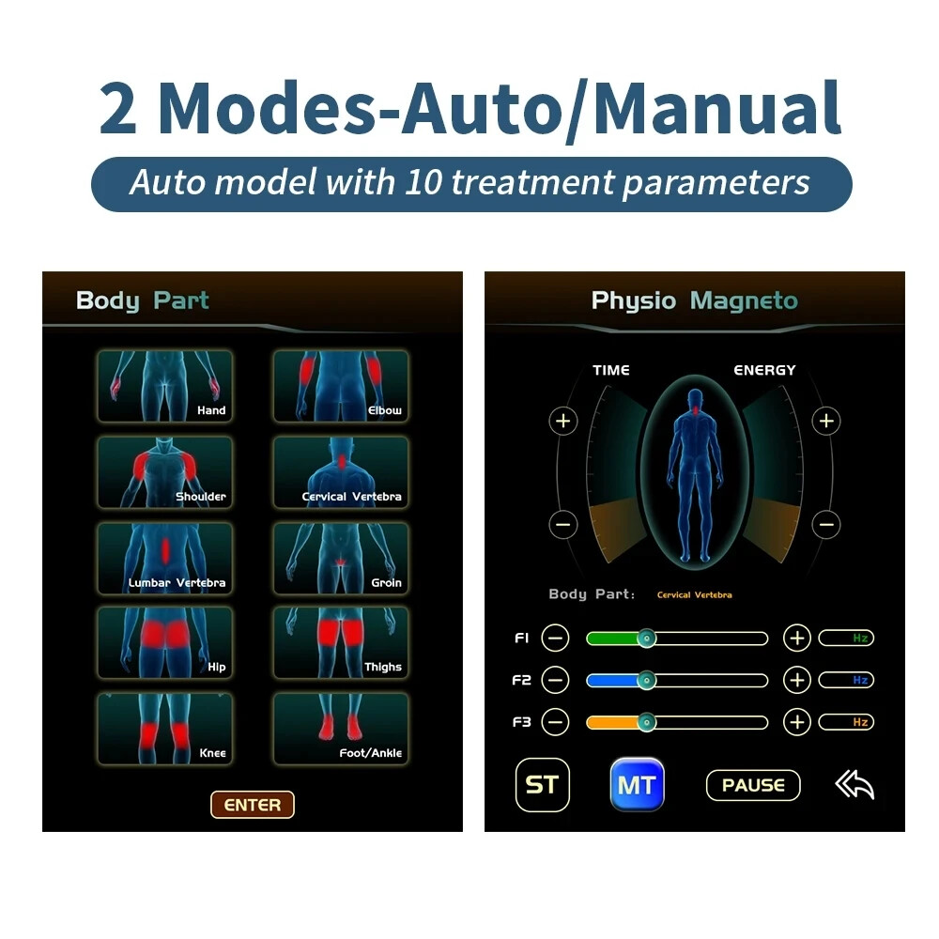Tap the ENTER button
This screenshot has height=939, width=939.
click(252, 805)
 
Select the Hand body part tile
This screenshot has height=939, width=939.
click(164, 386)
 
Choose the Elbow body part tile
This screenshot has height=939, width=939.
click(341, 386)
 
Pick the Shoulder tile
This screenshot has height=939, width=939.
click(164, 472)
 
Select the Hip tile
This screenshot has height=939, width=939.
click(164, 643)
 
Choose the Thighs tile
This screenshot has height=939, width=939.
click(341, 643)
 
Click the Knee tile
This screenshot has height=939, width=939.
click(164, 729)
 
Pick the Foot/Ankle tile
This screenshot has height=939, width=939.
click(341, 729)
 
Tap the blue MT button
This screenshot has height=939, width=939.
click(637, 784)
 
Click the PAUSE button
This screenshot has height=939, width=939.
click(753, 785)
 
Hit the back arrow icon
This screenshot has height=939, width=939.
click(854, 784)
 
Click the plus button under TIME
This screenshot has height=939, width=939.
click(563, 421)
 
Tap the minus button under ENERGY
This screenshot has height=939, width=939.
click(825, 524)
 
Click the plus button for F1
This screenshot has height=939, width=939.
click(796, 639)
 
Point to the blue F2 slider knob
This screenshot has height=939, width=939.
click(645, 680)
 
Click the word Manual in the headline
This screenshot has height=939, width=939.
click(717, 109)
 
